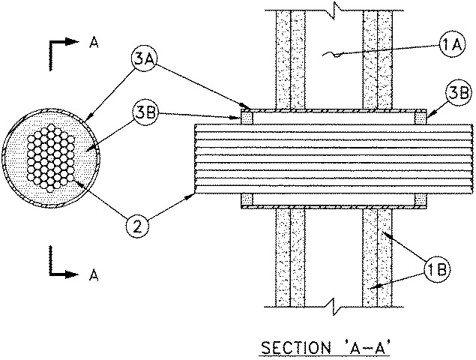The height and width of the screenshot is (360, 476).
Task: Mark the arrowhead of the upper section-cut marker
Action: (73, 44)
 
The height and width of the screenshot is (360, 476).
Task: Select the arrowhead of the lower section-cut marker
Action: (73, 276)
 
